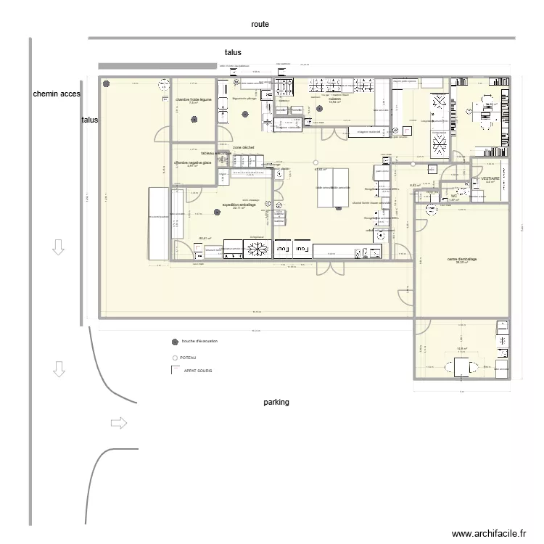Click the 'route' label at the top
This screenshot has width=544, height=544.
[260, 24]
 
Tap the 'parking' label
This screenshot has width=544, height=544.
[276, 402]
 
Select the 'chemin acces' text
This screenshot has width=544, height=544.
[57, 94]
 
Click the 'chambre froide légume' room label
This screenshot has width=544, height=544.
[194, 99]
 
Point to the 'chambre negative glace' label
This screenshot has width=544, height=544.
[193, 163]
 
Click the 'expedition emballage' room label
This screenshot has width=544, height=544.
[239, 205]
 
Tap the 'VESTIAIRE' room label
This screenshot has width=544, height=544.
[490, 178]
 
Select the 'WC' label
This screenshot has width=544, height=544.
[454, 196]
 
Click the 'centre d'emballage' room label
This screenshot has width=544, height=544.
[461, 259]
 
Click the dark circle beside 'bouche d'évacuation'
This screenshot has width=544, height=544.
[174, 342]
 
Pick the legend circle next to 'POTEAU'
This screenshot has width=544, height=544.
[174, 358]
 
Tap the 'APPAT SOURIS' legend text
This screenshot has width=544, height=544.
[199, 371]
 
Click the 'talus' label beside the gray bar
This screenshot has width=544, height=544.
[233, 52]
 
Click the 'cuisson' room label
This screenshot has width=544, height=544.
[334, 99]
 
